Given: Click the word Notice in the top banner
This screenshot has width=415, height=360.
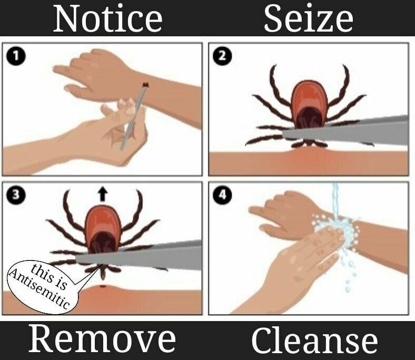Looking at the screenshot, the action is [108, 18].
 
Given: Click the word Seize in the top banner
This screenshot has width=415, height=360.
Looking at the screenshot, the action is [308, 18].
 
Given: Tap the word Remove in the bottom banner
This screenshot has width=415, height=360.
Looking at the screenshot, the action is [102, 339].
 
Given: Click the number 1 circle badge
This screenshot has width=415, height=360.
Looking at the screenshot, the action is [16, 56].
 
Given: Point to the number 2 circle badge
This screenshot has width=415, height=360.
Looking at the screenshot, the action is [222, 56].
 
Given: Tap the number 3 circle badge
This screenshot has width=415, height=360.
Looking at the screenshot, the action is [16, 195].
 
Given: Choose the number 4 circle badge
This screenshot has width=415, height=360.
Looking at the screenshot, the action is [222, 195].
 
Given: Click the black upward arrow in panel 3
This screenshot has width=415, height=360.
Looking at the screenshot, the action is [103, 194].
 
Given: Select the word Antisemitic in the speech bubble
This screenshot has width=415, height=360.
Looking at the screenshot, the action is [39, 289].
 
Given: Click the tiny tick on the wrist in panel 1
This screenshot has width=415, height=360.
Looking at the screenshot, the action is [145, 85].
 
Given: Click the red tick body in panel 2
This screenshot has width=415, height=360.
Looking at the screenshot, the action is [309, 105].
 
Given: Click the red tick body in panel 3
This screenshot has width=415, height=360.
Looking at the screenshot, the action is [103, 229].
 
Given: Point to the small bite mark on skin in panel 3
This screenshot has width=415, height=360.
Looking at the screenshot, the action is [103, 286].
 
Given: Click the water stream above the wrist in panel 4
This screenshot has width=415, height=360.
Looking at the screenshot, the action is [335, 201].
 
